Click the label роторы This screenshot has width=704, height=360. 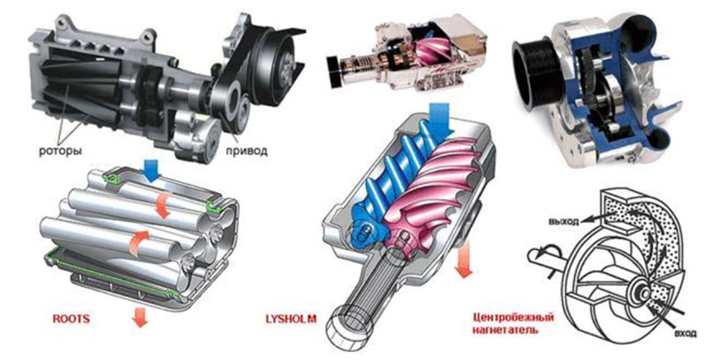(61, 151)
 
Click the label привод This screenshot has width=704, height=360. (247, 151)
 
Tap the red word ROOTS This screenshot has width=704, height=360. (71, 320)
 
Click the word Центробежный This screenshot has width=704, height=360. (513, 318)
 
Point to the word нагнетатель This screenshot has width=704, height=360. (505, 330)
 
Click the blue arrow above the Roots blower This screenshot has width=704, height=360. (151, 173)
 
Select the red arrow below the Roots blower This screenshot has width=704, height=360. (141, 318)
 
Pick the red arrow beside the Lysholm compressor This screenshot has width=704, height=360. (464, 260)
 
